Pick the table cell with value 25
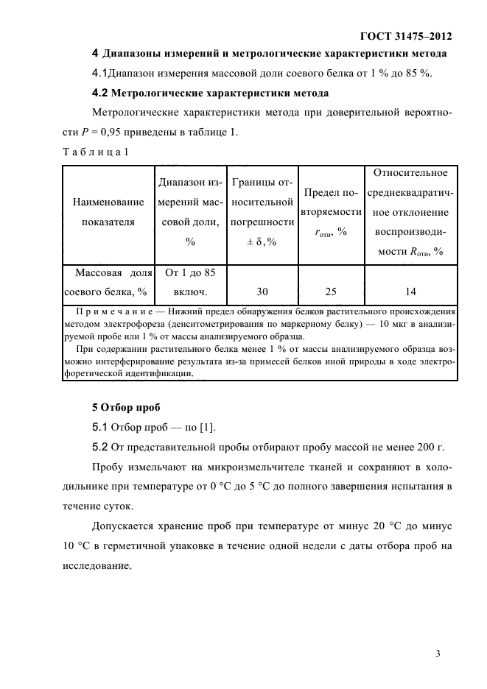(331, 291)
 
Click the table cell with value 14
(410, 291)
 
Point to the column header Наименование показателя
(108, 211)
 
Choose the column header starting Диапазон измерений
(189, 211)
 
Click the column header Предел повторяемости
(331, 212)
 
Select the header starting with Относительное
(410, 212)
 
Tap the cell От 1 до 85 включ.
(189, 282)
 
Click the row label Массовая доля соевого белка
(108, 282)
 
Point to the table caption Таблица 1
(95, 152)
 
